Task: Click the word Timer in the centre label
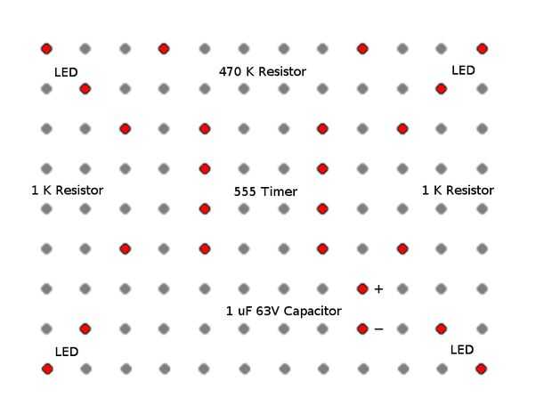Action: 280,191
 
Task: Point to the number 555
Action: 246,191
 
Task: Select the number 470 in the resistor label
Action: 230,71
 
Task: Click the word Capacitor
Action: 312,311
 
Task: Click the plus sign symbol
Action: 378,289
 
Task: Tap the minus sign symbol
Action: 378,329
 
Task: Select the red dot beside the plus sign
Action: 362,288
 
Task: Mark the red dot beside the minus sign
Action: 362,329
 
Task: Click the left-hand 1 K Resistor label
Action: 67,191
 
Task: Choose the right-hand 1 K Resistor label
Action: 458,191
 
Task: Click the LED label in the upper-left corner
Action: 66,71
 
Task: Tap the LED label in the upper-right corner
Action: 463,70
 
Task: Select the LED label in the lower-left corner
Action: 67,352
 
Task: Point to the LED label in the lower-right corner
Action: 462,350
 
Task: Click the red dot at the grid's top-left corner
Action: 46,49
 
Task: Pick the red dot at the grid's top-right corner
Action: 482,49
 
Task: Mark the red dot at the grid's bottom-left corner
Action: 47,369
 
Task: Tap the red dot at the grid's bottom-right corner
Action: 481,369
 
